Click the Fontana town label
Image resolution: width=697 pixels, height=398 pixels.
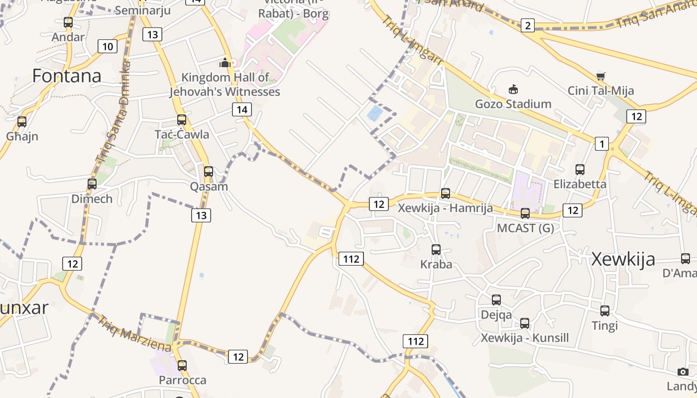pos(67,76)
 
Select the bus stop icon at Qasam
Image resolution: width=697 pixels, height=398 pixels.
pos(209,172)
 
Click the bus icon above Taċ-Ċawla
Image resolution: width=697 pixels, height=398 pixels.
pos(182,120)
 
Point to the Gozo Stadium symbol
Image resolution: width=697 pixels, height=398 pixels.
pos(513,90)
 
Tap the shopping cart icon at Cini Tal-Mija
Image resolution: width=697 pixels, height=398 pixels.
pos(600,76)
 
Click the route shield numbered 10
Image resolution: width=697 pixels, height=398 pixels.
pos(108,47)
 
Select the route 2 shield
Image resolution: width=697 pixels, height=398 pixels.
pos(528,25)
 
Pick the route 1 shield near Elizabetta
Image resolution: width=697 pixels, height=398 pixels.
pos(602,144)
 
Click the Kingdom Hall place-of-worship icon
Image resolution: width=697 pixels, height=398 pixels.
pos(225,63)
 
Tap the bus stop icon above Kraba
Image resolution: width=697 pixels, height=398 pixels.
pos(436,250)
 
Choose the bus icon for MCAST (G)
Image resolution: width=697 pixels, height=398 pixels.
pos(525,213)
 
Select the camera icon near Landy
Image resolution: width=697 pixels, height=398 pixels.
pos(683,372)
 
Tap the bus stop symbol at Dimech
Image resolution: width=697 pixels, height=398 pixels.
pos(92,184)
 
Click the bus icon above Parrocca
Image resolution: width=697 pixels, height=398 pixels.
pos(182,366)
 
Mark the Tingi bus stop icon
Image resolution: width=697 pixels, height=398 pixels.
pos(605,311)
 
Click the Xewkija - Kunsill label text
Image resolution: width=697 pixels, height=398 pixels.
pos(525,338)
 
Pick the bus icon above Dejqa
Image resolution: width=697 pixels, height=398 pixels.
pos(496,300)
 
